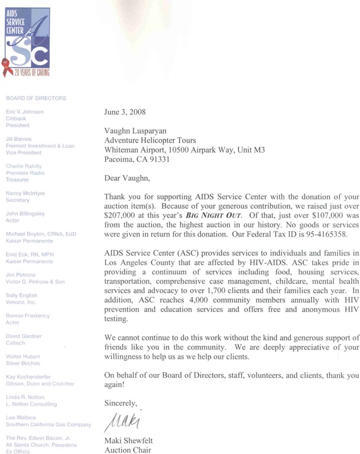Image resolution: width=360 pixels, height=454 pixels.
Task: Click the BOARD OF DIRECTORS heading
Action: click(35, 98)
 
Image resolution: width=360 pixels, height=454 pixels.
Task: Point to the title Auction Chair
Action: click(128, 449)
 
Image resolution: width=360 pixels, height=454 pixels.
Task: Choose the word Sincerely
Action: click(121, 404)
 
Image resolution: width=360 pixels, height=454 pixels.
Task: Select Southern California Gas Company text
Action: click(48, 424)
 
